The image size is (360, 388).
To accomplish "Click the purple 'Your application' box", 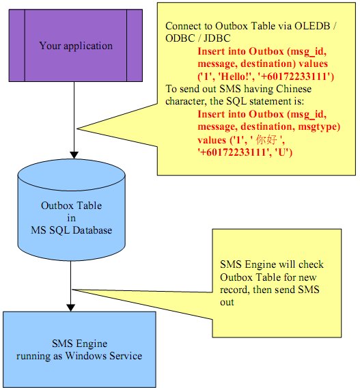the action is coord(76,46).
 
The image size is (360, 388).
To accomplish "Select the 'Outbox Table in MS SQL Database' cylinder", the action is coord(72,210).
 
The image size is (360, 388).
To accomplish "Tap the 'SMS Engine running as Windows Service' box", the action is coord(79,349).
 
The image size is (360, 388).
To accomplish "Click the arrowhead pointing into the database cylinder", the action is coord(74,155).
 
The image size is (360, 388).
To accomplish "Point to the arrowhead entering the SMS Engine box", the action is coord(71,307).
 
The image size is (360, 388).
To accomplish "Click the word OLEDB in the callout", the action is coord(312,26).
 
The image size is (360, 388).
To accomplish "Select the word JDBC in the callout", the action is coord(217,38).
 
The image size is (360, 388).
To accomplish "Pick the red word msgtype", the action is coord(319,126).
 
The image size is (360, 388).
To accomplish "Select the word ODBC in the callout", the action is coord(180,38).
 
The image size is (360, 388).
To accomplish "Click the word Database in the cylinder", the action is coord(92,230).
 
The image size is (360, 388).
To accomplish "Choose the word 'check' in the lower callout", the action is coord(311,264).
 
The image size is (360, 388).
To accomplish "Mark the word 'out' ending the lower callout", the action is coord(227,302).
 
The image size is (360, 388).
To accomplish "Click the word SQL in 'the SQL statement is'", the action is coord(237,101).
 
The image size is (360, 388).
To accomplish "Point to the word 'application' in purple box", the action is coord(88,46).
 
